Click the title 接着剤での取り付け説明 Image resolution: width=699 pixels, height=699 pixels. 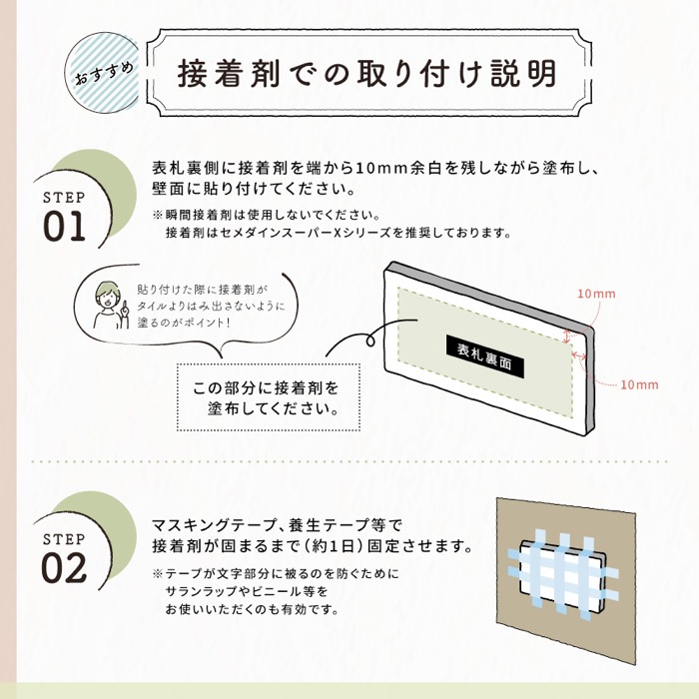[x=366, y=72]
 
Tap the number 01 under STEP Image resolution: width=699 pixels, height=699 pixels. [x=65, y=226]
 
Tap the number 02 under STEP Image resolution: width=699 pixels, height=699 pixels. [x=65, y=567]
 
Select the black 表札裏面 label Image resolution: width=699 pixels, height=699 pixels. [x=484, y=350]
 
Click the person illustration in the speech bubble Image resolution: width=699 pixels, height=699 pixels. [x=105, y=305]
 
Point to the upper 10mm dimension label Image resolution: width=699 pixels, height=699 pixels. [x=596, y=294]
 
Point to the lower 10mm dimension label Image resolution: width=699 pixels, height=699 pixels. [x=639, y=384]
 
